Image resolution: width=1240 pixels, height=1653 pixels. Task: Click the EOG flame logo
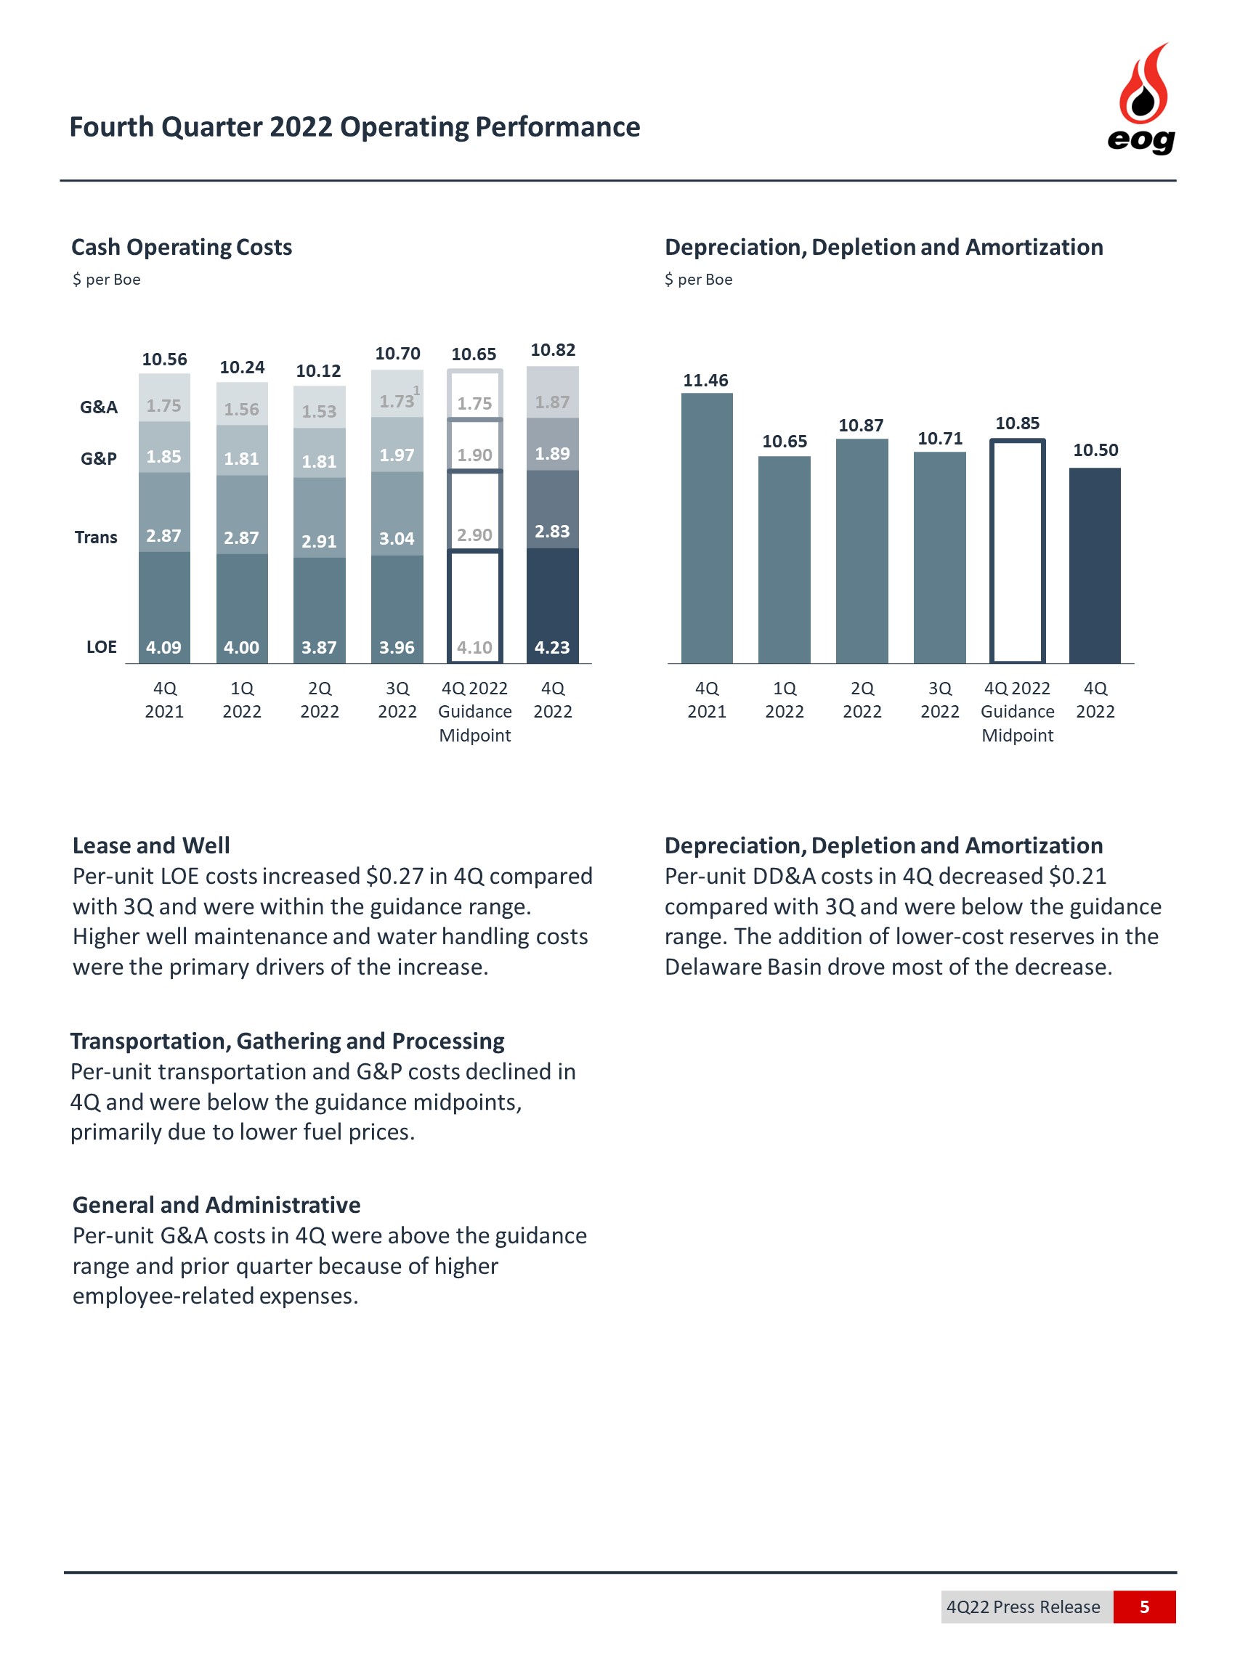1141,97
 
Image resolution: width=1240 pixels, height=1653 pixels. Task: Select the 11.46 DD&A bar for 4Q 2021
706,527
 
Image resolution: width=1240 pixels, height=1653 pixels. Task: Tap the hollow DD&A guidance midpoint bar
1016,551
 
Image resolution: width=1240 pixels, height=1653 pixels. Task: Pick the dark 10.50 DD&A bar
1094,565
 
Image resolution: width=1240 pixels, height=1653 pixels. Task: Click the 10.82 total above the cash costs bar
552,350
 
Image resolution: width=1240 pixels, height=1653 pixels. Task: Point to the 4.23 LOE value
552,647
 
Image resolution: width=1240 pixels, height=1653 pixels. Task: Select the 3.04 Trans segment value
396,538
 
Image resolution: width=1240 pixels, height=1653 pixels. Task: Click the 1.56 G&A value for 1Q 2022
241,409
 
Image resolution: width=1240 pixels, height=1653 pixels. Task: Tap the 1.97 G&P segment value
396,455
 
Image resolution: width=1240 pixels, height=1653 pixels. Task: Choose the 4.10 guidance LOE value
474,647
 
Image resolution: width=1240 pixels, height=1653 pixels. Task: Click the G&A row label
99,407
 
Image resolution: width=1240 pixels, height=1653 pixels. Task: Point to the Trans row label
96,537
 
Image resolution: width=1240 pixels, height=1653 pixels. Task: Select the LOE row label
101,646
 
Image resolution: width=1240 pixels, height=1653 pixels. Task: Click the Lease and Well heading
151,845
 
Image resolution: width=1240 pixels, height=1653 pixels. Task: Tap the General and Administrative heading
216,1205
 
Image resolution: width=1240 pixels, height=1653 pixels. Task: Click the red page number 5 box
1143,1607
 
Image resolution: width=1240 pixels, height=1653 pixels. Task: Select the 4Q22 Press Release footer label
1023,1607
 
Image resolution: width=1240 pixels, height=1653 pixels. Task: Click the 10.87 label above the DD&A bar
860,425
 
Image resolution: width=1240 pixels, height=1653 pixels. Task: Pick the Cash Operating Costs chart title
182,247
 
